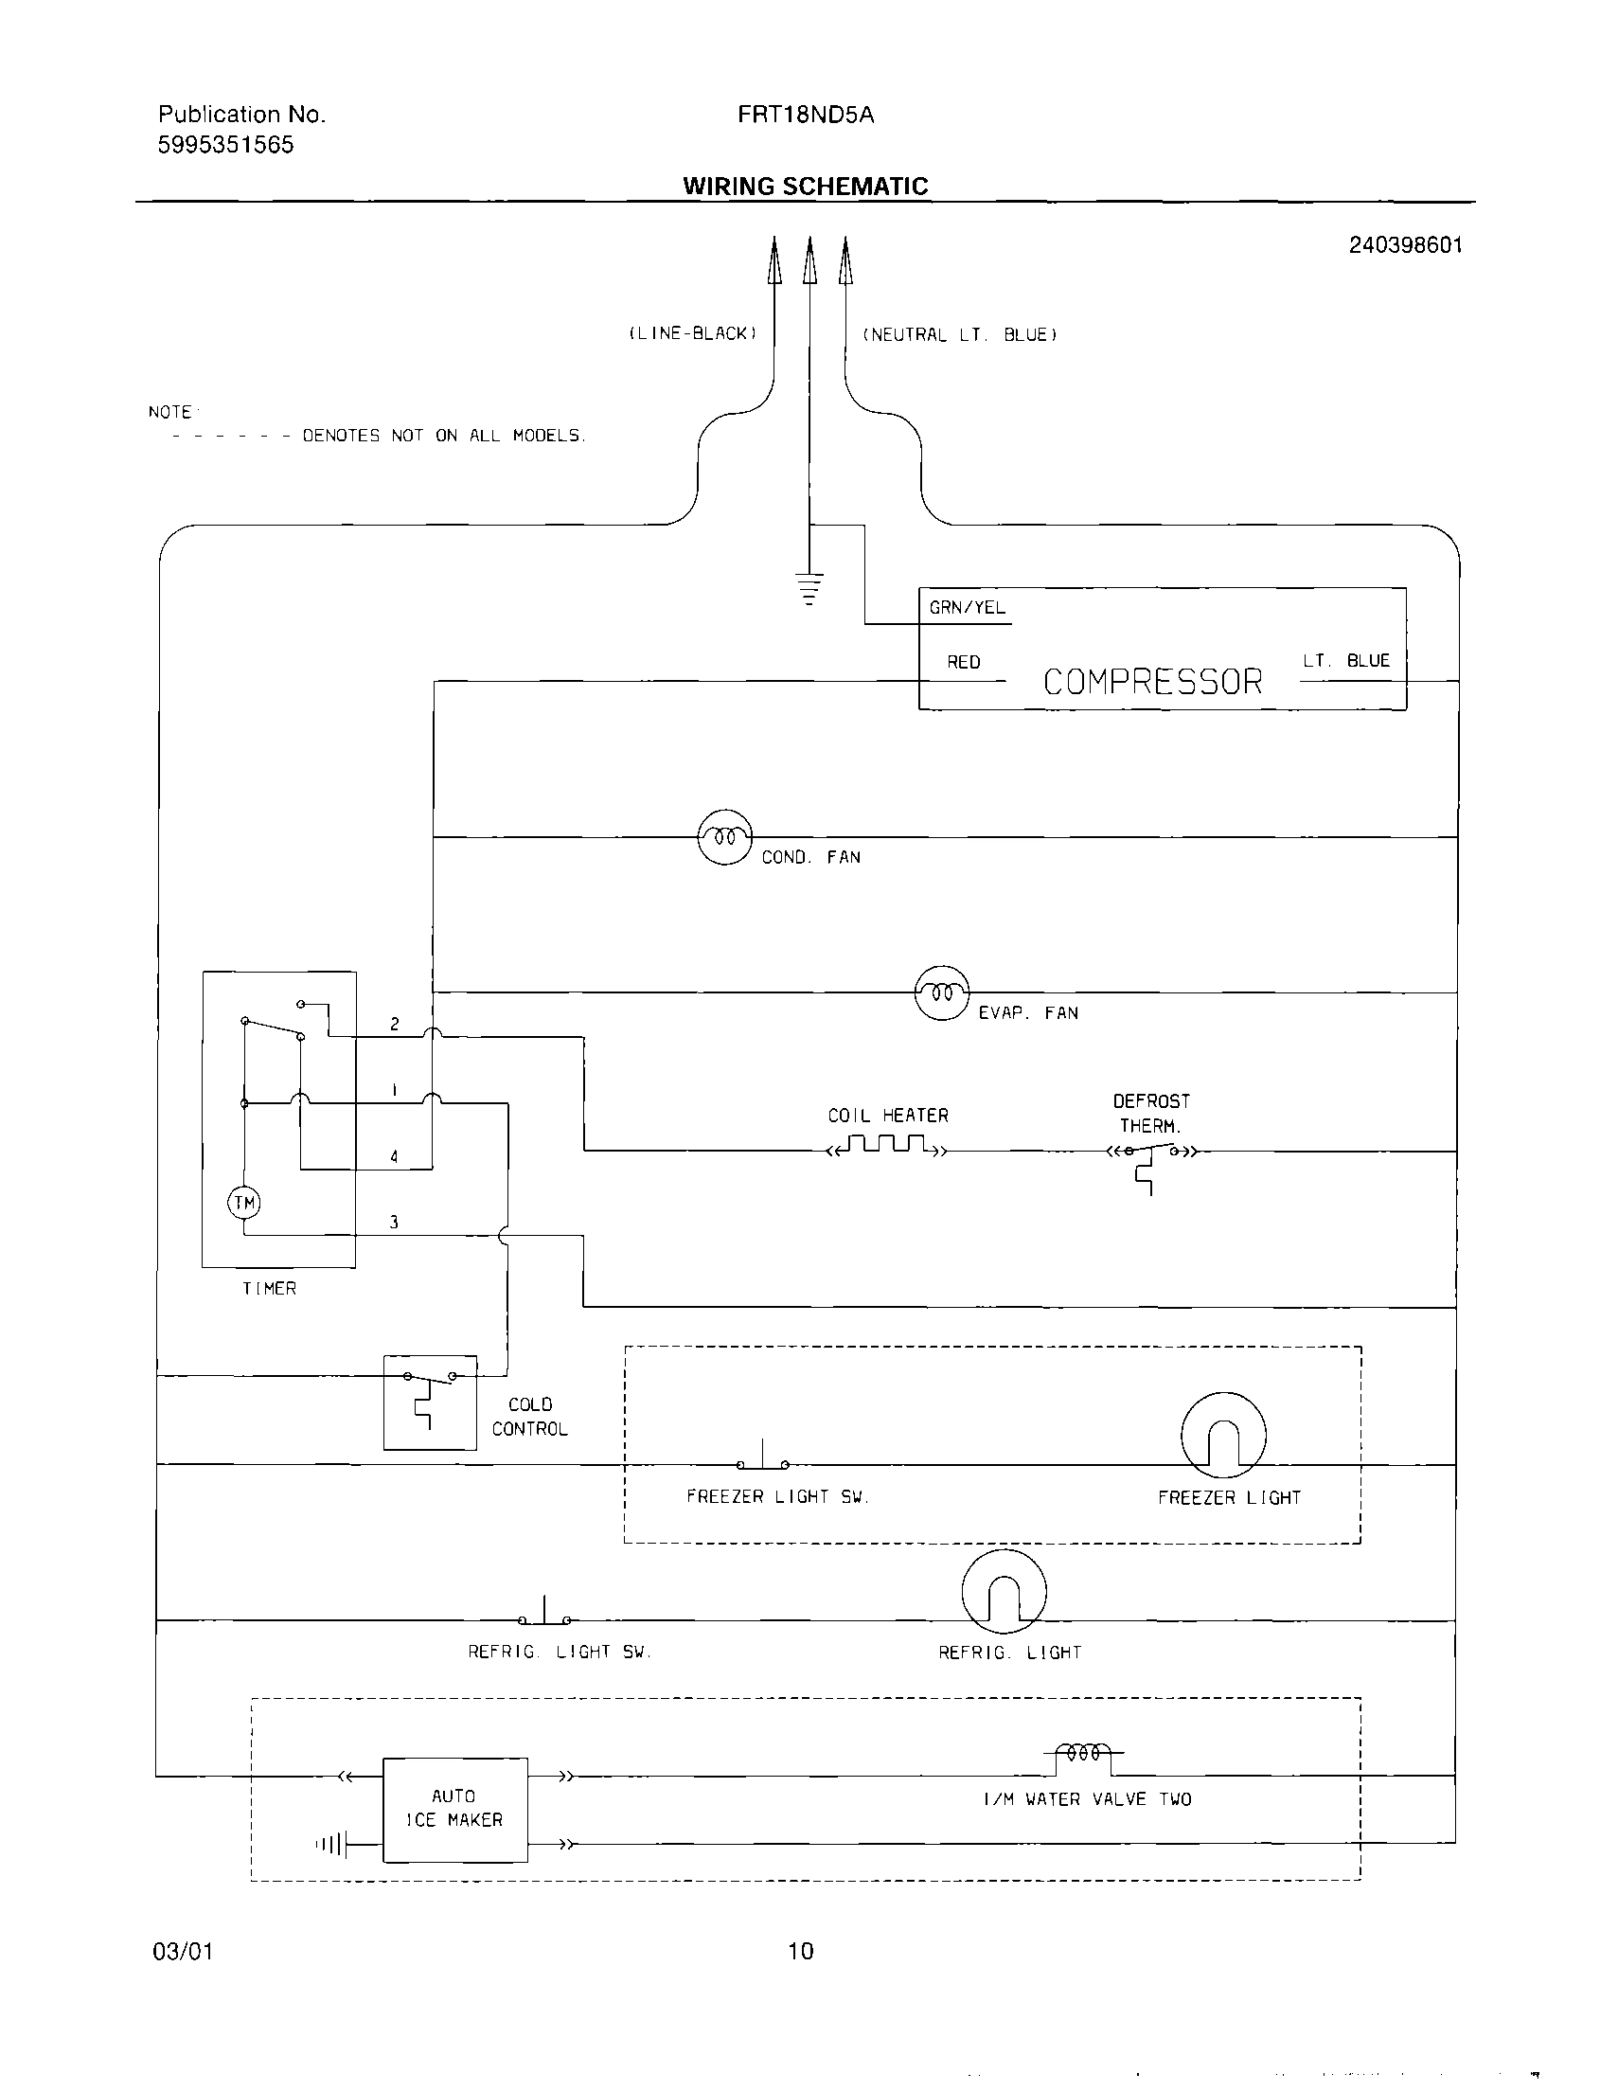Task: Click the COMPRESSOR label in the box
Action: pos(1153,682)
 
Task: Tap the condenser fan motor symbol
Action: pos(725,837)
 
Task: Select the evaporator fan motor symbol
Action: pos(942,992)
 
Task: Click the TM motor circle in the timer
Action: pos(244,1203)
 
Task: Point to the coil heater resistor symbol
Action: pos(887,1145)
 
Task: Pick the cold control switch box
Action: pos(430,1402)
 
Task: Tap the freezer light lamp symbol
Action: pos(1223,1434)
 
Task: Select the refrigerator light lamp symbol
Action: pos(1004,1591)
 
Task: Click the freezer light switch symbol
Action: pos(763,1459)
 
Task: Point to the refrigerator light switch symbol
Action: pos(544,1616)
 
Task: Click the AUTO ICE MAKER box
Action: pos(454,1809)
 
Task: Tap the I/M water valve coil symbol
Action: pos(1083,1754)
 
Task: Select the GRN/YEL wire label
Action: pos(967,607)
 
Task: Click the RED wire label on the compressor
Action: pos(963,662)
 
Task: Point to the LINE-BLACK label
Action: pos(692,333)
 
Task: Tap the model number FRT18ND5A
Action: pos(805,116)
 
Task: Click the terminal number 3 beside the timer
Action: pos(394,1222)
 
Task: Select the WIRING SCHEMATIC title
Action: pos(805,186)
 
